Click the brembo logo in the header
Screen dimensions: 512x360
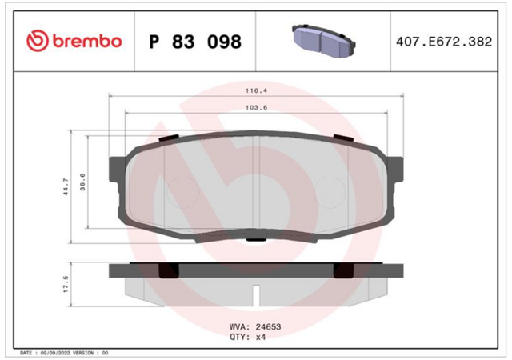point(74,41)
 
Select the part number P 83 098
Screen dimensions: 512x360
point(195,42)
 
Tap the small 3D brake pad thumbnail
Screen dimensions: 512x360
point(323,41)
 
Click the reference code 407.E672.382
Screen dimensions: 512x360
point(444,42)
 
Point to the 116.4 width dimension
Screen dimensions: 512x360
point(256,90)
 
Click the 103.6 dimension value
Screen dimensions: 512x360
point(256,107)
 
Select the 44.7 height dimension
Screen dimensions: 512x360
point(66,187)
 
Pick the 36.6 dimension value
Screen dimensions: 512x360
point(82,182)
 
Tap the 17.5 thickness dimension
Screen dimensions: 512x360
point(66,284)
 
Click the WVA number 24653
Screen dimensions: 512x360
point(268,326)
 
